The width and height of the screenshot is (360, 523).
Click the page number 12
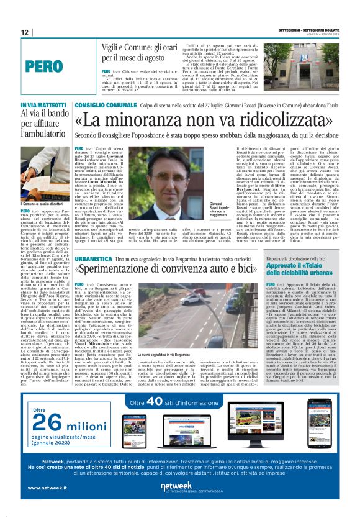pos(24,32)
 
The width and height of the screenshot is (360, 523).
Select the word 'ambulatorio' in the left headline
pos(47,133)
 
